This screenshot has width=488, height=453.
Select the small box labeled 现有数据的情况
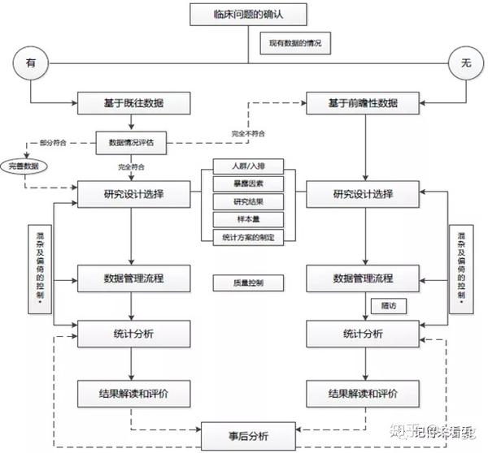point(295,43)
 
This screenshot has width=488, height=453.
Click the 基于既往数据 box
point(134,103)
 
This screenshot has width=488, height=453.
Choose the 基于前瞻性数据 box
point(363,103)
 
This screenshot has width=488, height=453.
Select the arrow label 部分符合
point(51,143)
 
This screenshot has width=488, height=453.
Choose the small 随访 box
point(387,306)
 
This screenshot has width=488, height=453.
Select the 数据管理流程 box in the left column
point(134,278)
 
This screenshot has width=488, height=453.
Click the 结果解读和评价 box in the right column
point(363,394)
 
